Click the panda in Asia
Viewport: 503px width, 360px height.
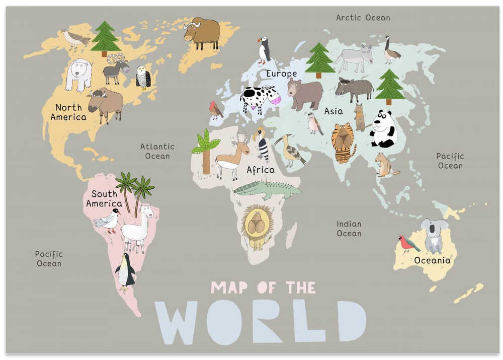pos(383,129)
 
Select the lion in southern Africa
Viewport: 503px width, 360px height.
pos(257,227)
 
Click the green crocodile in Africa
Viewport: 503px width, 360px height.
pos(268,189)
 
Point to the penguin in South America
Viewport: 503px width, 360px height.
pos(125,272)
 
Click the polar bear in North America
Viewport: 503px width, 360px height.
pos(78,74)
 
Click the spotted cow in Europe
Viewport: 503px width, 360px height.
pos(259,98)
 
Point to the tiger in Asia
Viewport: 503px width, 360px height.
pos(343,142)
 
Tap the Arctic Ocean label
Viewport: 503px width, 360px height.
pos(363,18)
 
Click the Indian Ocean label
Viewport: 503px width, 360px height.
pos(349,228)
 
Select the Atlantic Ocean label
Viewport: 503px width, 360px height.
pos(157,151)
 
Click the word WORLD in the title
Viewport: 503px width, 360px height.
pos(260,322)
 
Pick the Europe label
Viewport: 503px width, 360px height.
pos(281,74)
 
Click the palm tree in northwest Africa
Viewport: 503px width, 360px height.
pos(205,152)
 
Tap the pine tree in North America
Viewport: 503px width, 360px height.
pos(105,38)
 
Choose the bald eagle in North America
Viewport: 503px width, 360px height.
pos(143,77)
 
